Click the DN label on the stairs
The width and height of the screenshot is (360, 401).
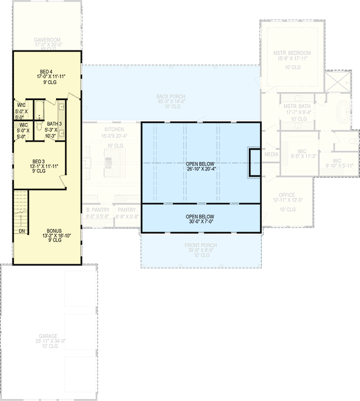point(21,231)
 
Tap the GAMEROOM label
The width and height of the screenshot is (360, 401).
point(47,39)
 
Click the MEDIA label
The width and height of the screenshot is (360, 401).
point(271,154)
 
